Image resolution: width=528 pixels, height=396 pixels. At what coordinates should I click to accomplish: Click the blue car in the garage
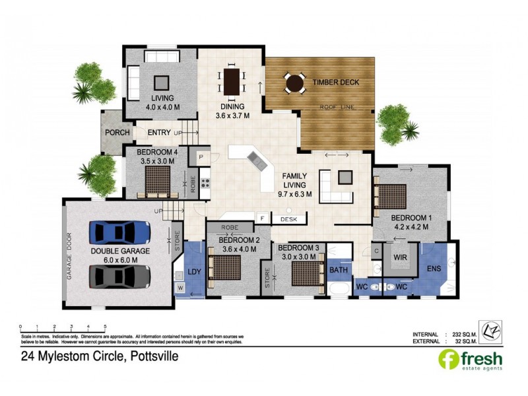coord(120,232)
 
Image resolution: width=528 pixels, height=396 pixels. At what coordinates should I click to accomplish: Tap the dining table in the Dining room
coord(232,82)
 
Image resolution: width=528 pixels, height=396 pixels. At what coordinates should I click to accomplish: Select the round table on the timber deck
coord(294,83)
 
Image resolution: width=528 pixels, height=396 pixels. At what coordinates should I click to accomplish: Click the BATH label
coord(337,270)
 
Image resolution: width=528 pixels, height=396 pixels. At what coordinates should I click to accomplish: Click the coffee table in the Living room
coord(161,82)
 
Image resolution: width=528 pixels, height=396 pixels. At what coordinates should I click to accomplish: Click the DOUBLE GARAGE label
coord(120,251)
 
